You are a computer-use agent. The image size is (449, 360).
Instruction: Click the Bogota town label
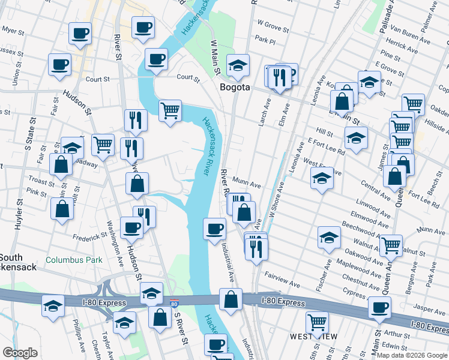coord(234,87)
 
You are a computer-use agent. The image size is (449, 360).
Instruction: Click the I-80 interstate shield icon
coord(174,304)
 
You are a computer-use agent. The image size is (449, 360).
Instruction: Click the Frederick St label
coord(91,238)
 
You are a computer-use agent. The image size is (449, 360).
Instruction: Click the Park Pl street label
coord(264,41)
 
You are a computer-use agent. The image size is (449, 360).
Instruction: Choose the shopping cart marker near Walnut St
coord(391,244)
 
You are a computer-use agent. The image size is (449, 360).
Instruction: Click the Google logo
coord(20,352)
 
